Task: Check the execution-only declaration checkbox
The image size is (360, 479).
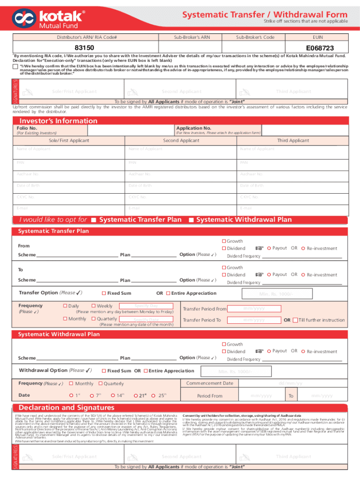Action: coord(15,67)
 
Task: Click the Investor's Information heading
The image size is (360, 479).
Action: coord(58,121)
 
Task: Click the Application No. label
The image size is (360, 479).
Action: coord(194,128)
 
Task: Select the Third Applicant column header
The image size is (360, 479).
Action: coord(293,140)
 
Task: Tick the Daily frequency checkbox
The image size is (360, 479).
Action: coord(65,306)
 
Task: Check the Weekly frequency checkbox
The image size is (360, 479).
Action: coord(94,306)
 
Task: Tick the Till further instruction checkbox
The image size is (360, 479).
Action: coord(295,320)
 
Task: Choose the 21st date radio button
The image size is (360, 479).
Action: coord(136,395)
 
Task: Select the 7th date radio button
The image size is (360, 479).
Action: coord(92,395)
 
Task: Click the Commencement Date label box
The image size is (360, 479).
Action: coord(209,383)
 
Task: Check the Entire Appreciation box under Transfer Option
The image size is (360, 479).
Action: coord(168,293)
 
